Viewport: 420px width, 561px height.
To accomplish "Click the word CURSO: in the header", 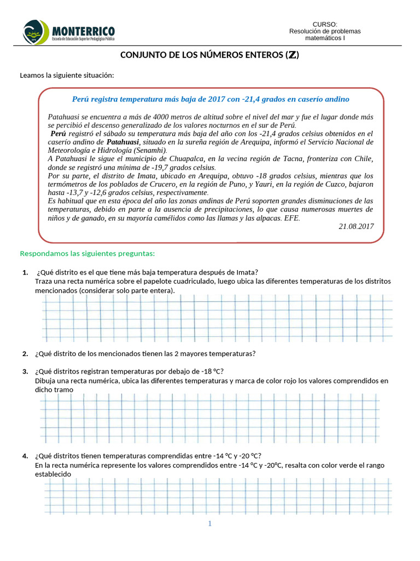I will pos(325,24).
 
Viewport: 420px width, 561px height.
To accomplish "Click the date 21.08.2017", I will pos(356,226).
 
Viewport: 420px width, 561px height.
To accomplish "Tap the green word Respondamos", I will pos(43,253).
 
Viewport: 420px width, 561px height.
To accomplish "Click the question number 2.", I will pos(25,353).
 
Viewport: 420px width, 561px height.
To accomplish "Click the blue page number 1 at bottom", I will pos(209,524).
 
